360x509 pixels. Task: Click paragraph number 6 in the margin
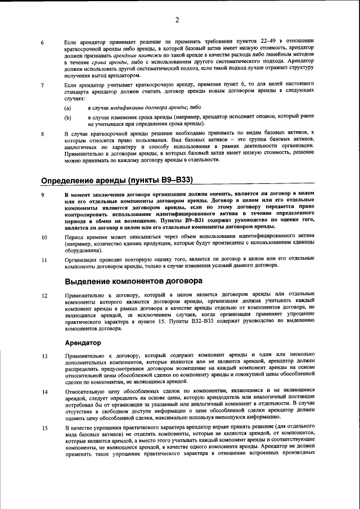pos(43,42)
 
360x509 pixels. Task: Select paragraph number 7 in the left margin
pos(43,85)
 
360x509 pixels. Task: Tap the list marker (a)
pos(67,107)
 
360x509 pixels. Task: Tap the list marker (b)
pos(67,118)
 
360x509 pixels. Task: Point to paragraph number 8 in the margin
pos(43,134)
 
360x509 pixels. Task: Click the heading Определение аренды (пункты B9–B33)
pos(117,180)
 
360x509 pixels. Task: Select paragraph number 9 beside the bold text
pos(43,195)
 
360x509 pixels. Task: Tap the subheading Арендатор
pos(83,342)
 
